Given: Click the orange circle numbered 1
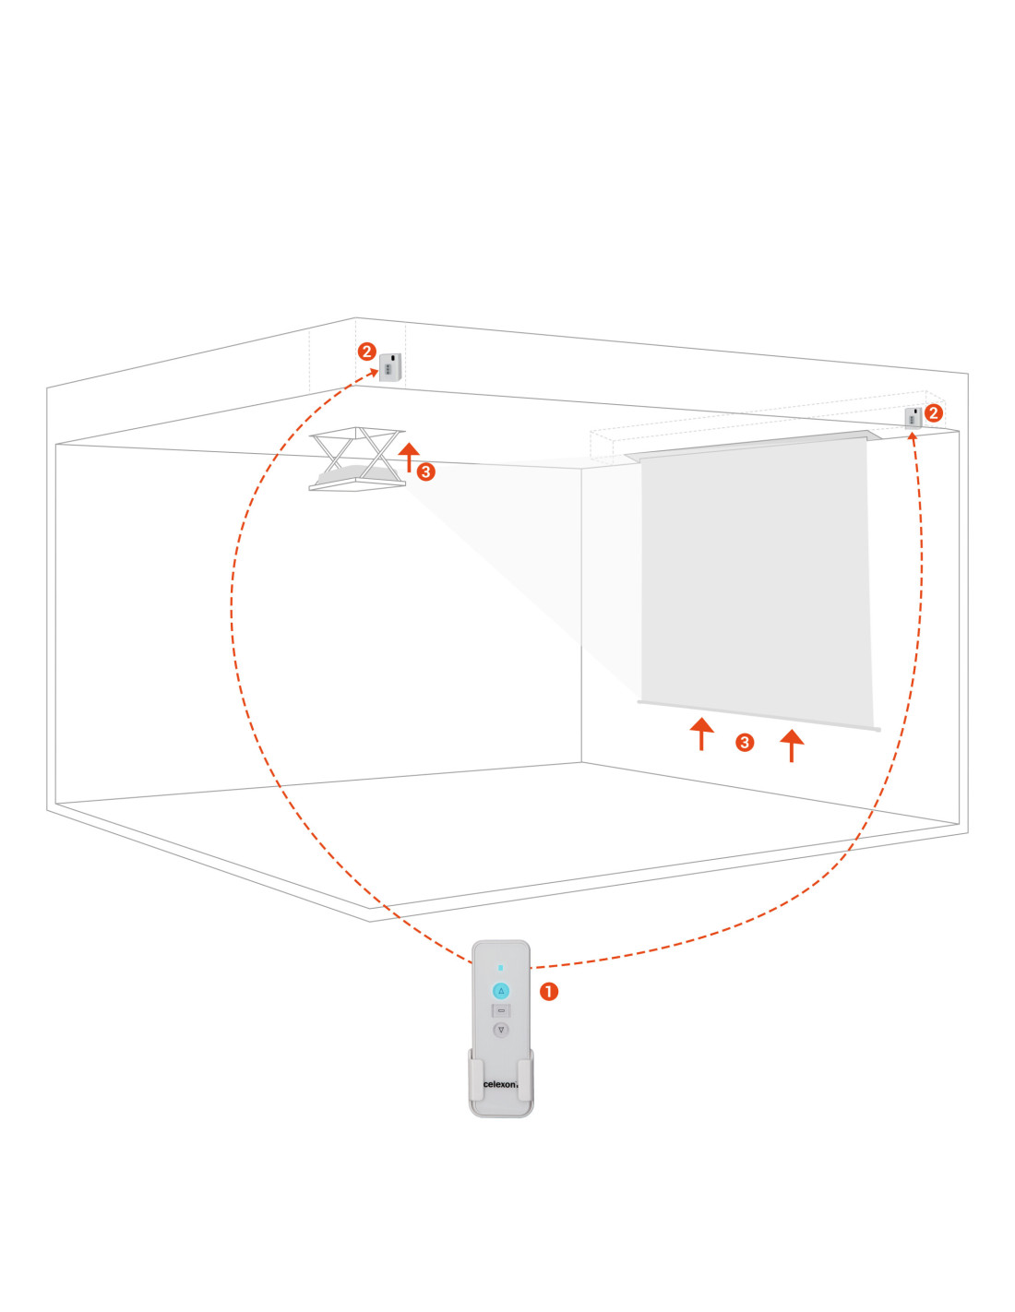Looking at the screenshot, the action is coord(548,992).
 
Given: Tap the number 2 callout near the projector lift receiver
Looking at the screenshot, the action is coord(366,352).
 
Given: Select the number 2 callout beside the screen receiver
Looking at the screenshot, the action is coord(933,413).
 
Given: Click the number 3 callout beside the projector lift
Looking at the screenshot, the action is coord(425,471).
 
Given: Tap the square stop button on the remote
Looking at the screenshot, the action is coord(500,1010).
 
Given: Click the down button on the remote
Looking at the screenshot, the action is coord(500,1030).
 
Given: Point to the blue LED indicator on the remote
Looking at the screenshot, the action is coord(500,967).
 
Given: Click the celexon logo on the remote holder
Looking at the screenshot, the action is coord(500,1084).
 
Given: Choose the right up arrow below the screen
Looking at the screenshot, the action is coord(791,745).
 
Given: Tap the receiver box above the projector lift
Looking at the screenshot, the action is coord(390,367).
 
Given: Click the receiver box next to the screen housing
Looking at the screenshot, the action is coord(913,418).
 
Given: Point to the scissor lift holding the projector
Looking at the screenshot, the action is coord(357,459).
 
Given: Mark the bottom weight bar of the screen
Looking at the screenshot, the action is coord(759,715).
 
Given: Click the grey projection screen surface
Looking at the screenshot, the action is coord(755,577).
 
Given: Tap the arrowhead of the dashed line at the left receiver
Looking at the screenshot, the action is coord(373,373).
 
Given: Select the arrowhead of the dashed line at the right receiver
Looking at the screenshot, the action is coord(913,435).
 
